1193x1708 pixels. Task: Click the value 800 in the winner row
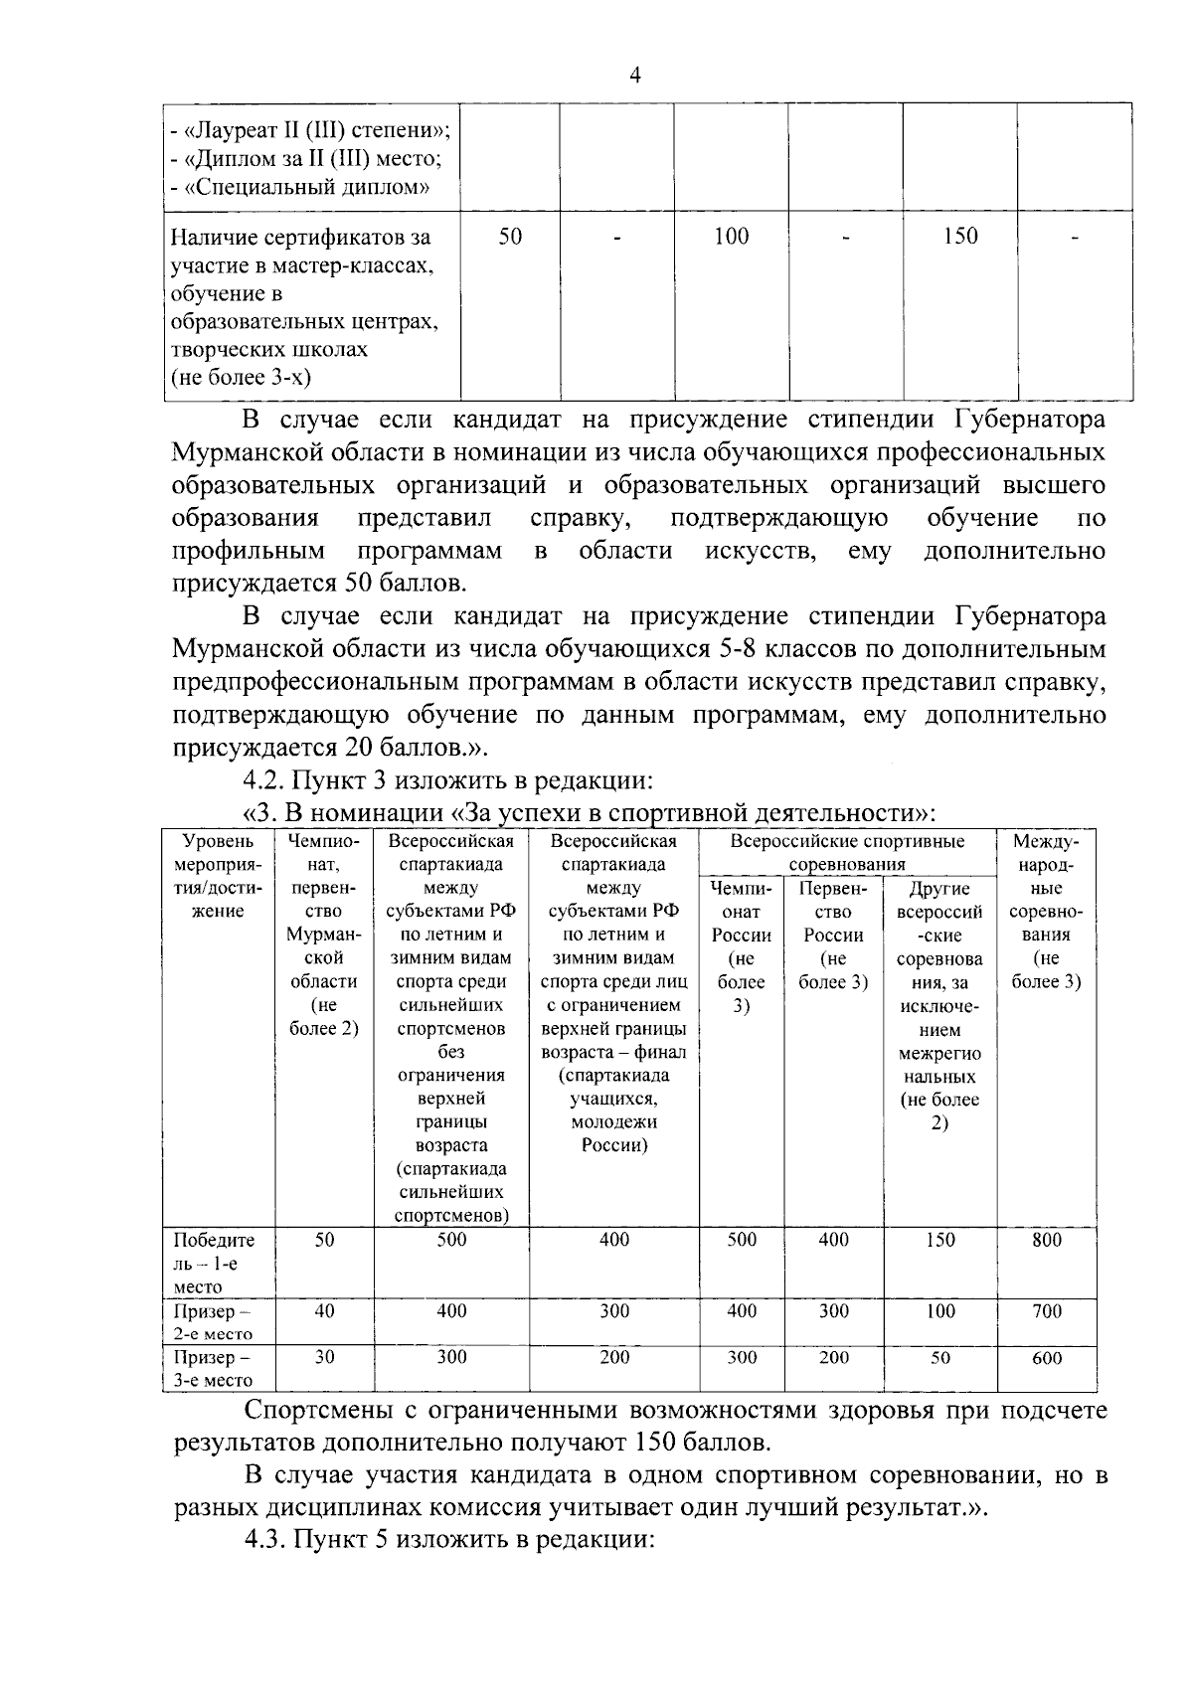(x=1046, y=1240)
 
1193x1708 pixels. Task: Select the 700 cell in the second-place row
(x=1046, y=1311)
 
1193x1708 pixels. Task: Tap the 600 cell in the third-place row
(x=1046, y=1358)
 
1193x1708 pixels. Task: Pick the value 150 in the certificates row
(x=959, y=237)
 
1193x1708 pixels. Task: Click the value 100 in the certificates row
(x=731, y=237)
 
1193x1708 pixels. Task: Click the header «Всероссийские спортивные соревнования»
(x=847, y=853)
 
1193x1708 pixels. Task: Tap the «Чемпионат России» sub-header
(x=742, y=935)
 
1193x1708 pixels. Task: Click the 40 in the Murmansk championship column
(x=325, y=1311)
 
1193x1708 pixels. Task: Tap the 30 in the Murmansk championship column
(x=325, y=1358)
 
